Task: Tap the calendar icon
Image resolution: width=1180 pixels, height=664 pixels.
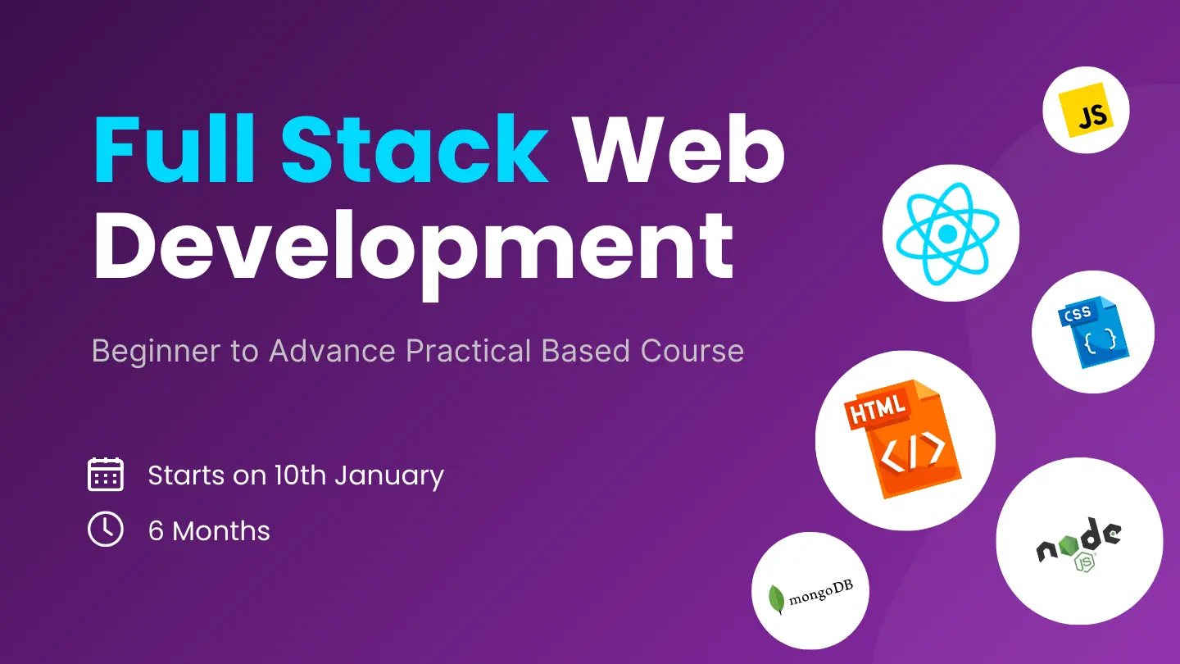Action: (x=106, y=475)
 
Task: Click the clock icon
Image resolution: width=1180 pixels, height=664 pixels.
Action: (x=106, y=530)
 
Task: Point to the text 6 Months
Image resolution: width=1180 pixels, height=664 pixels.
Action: (x=209, y=531)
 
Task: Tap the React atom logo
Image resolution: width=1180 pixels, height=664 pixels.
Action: (x=950, y=234)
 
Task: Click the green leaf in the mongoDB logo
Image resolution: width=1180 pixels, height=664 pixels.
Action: (x=776, y=599)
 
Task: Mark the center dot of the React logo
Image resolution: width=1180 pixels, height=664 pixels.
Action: (x=949, y=234)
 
